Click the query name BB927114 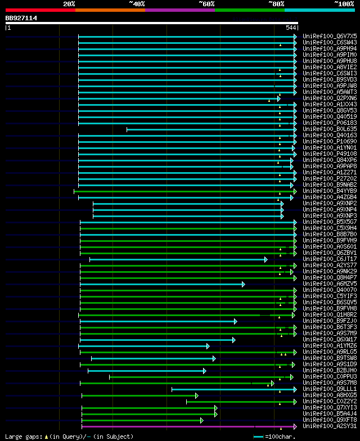tap(21, 18)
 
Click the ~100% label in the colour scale tap(344, 4)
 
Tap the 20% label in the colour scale tap(69, 4)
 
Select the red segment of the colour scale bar tap(40, 10)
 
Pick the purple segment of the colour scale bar tap(179, 10)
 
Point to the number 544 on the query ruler tap(291, 28)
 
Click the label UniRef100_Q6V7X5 tap(330, 36)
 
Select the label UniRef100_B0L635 tap(330, 129)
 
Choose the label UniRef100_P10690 tap(330, 141)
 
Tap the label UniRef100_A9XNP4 tap(330, 209)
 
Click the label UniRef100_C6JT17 tap(330, 259)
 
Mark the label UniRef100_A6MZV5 tap(330, 283)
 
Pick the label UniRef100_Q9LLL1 tap(330, 389)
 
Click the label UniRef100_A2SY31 tap(330, 426)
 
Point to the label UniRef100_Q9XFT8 tap(330, 420)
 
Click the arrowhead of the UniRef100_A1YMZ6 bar tap(208, 346)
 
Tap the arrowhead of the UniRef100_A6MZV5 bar tap(243, 284)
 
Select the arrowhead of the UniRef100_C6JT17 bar tap(265, 259)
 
